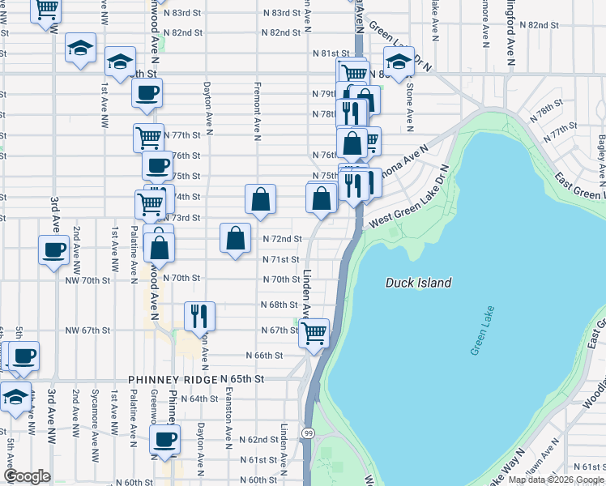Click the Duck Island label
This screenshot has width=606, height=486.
tap(418, 283)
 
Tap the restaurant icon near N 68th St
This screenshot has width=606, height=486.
tap(199, 316)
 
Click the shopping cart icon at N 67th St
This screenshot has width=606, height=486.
tap(314, 331)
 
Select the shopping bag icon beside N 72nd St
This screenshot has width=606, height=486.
tap(235, 239)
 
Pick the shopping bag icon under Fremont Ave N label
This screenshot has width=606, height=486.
tap(261, 199)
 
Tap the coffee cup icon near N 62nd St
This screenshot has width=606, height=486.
tap(166, 441)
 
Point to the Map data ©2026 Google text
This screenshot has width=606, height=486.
tap(556, 480)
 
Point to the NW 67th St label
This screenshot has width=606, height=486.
tap(87, 330)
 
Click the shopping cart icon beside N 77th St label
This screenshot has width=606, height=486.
tap(148, 137)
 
